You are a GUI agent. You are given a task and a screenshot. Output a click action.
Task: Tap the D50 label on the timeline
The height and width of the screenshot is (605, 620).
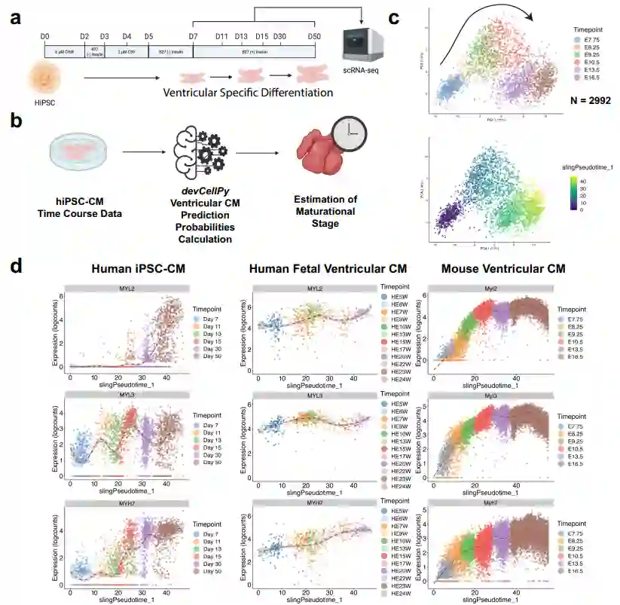coord(313,36)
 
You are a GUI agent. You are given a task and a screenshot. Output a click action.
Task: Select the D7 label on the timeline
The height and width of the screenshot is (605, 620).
coord(194,36)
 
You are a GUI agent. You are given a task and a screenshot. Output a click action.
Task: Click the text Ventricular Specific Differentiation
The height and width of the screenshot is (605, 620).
coord(248,93)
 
